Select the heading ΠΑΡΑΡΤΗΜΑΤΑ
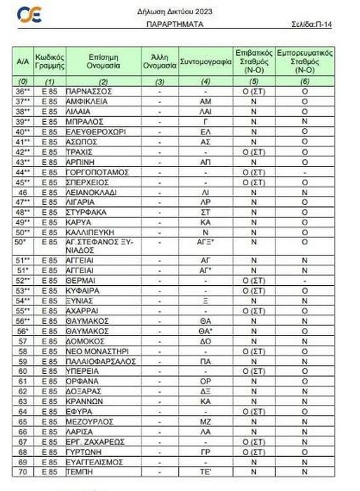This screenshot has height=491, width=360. point(175,25)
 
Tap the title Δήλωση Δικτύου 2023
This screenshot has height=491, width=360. point(175,11)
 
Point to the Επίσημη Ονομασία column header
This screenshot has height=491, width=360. point(103,62)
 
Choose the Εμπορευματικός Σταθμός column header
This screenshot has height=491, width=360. point(305,62)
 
